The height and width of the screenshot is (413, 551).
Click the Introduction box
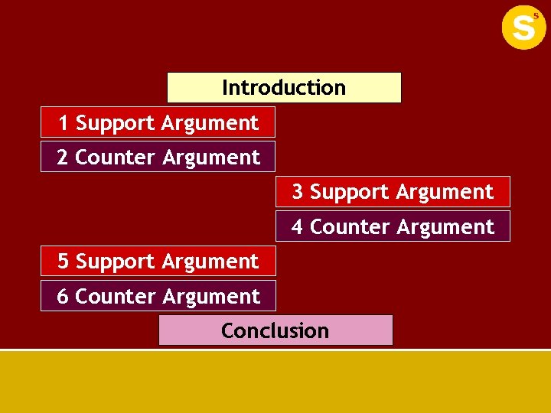coord(284,88)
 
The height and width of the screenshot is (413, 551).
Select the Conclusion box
coord(275,330)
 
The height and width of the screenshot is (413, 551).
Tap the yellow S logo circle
coord(523,27)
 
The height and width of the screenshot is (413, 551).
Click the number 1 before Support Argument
coord(64,123)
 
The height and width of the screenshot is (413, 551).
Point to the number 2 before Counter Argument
coord(63,158)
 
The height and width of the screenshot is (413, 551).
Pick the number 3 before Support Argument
coord(298,192)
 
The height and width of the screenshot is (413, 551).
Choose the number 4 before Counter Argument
coord(298,227)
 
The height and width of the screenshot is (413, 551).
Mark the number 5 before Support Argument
coord(64,262)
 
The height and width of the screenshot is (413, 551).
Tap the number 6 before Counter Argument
coord(63,297)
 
